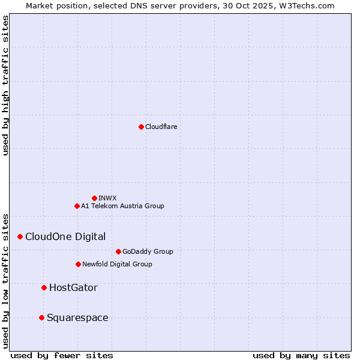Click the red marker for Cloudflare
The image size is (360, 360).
tap(141, 127)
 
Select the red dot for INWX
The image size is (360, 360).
tap(94, 198)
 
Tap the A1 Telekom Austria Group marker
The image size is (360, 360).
tap(77, 206)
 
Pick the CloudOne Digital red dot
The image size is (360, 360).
tap(20, 236)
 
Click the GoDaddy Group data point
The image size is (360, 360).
tap(118, 251)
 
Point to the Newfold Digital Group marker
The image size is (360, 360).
tap(78, 264)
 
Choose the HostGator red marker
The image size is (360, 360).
tap(44, 287)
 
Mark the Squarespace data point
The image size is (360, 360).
tap(41, 317)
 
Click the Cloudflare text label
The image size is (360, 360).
tap(161, 127)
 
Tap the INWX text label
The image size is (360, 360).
tap(107, 198)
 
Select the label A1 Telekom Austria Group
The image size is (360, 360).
tap(122, 206)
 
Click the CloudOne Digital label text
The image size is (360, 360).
tap(65, 236)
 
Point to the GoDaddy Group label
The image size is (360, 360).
tap(148, 251)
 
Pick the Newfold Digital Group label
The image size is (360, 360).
tap(117, 264)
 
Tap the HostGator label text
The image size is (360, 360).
tap(73, 287)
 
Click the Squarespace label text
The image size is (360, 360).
tap(77, 317)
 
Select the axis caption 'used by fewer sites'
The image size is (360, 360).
tap(62, 355)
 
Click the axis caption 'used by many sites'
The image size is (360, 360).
tap(301, 355)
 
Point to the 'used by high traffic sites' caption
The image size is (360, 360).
tap(5, 85)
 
